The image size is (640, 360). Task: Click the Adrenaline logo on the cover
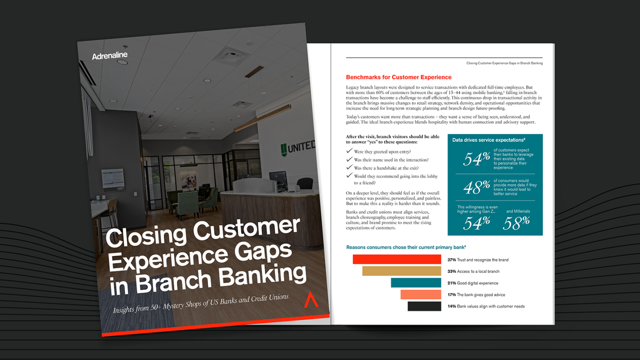(x=109, y=56)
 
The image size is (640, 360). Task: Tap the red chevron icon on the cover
(x=310, y=300)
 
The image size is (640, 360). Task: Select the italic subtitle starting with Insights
(x=200, y=303)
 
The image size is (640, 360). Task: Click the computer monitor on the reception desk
(x=278, y=180)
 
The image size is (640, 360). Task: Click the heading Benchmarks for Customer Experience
(x=398, y=77)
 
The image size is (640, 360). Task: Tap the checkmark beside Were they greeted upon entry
(x=349, y=152)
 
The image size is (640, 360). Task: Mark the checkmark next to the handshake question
(x=349, y=168)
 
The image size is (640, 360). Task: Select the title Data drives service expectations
(x=482, y=140)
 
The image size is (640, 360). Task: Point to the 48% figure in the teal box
(x=476, y=188)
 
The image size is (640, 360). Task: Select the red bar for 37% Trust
(x=396, y=260)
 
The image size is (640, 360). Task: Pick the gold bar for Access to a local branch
(x=401, y=271)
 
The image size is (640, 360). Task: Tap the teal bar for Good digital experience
(x=416, y=283)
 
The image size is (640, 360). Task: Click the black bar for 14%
(x=424, y=306)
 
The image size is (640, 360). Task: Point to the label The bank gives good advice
(x=481, y=295)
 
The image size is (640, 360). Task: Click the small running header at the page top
(x=504, y=63)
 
